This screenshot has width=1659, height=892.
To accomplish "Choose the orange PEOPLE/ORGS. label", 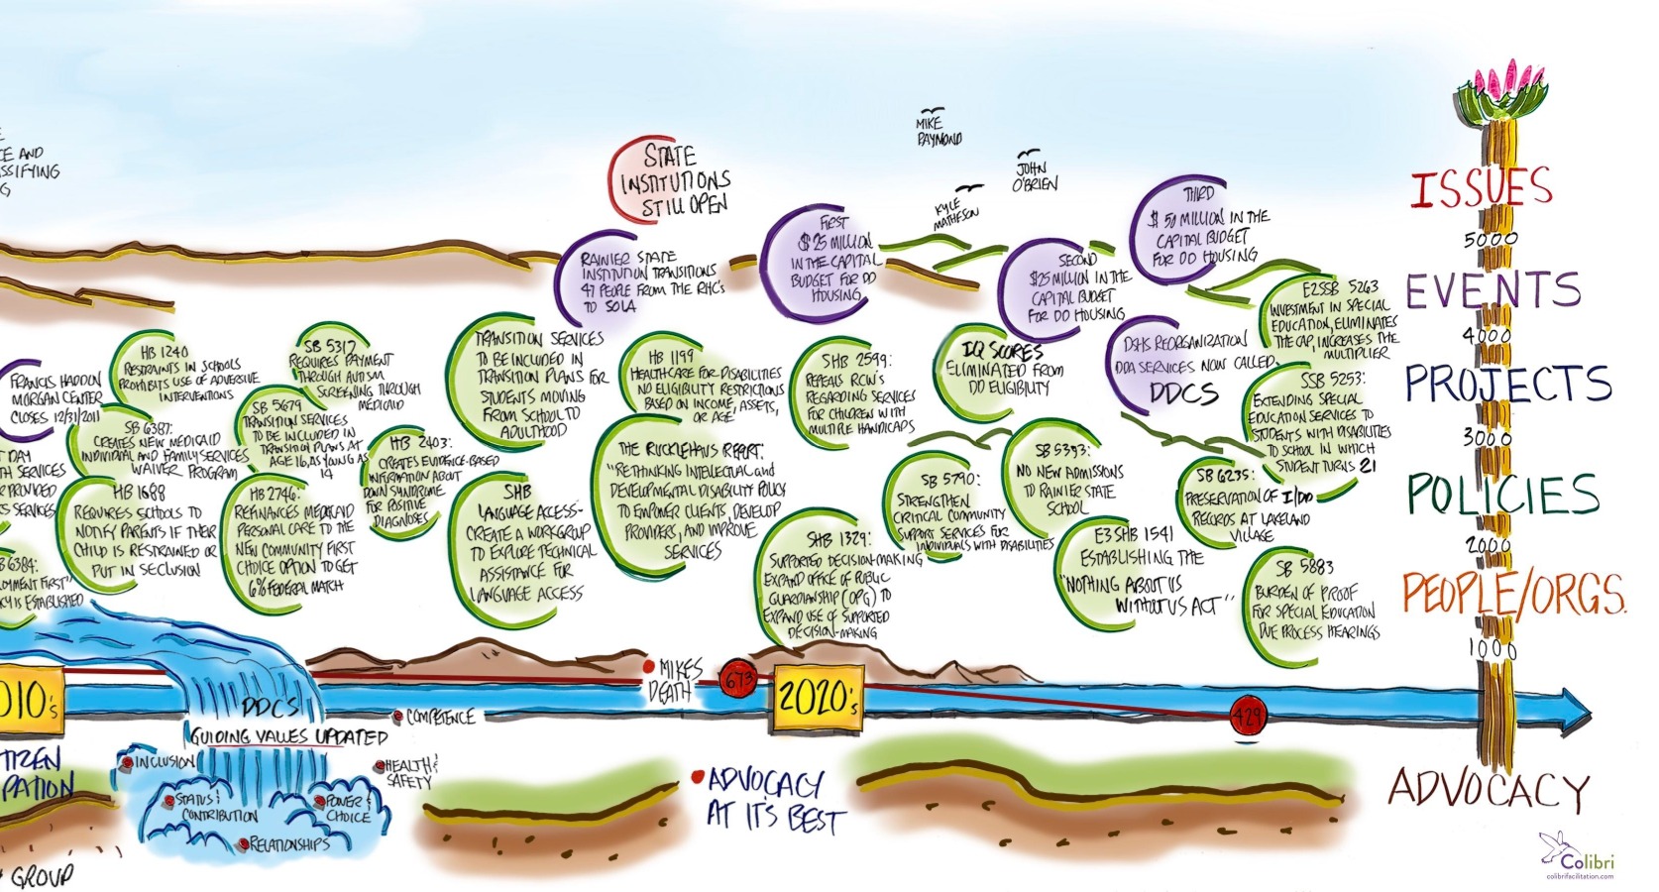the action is [x=1513, y=593].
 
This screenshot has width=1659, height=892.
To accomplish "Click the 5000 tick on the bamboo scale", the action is [x=1491, y=240].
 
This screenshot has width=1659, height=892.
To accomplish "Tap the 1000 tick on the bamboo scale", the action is [x=1491, y=649].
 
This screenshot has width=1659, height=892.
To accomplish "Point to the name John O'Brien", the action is [x=1034, y=175].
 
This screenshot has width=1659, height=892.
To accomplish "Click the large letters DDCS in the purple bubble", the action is [x=1183, y=392].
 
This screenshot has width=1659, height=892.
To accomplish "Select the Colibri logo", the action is [x=1579, y=853].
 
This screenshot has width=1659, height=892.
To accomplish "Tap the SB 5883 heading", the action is [x=1304, y=568].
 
